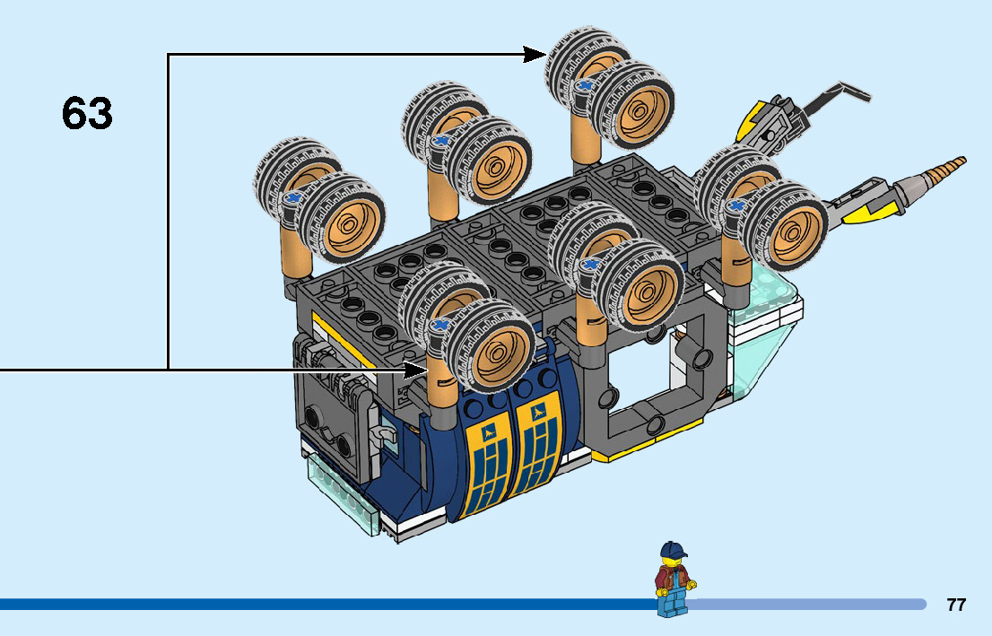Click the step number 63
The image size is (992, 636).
click(87, 114)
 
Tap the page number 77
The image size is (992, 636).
click(956, 605)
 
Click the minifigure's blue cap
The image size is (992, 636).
click(672, 549)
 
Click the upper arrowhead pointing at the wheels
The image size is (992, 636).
click(535, 55)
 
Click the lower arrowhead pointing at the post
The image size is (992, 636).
click(416, 369)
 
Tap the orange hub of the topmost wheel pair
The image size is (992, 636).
click(638, 107)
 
